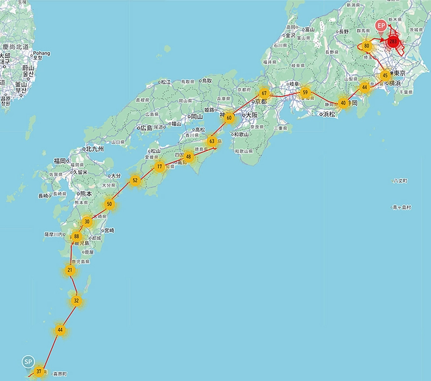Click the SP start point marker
click(x=28, y=361)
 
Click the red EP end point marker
click(x=381, y=27)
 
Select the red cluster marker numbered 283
click(x=393, y=41)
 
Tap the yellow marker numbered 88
click(x=77, y=237)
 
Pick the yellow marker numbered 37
click(x=39, y=371)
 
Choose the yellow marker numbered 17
click(x=160, y=167)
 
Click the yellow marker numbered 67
click(x=264, y=93)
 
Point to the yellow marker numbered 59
click(x=305, y=92)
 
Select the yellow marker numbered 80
click(x=367, y=45)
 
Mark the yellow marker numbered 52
click(x=135, y=181)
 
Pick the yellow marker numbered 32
click(x=77, y=300)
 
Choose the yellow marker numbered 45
click(x=385, y=75)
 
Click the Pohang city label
click(x=41, y=54)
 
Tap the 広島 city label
click(x=148, y=128)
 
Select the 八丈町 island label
click(x=401, y=181)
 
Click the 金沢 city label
click(x=291, y=35)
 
